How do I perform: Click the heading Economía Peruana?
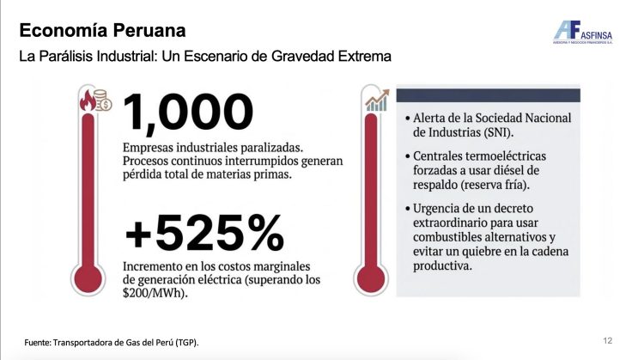pos(102,32)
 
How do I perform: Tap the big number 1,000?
pos(188,112)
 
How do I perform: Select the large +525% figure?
pos(204,232)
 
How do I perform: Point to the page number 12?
pos(607,341)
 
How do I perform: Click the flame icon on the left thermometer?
pos(88,103)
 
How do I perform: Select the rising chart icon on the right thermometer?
pos(375,102)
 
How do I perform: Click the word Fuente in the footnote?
pos(40,343)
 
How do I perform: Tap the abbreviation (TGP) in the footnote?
pos(187,343)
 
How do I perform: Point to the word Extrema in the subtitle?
pos(363,58)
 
